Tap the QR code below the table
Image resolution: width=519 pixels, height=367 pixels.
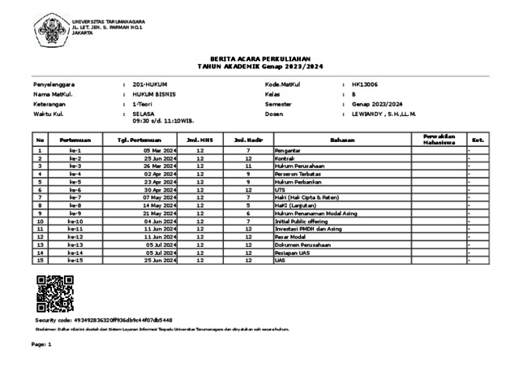[55, 294]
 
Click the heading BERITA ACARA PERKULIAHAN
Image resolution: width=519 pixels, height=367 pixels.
[259, 58]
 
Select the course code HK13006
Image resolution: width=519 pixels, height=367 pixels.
[364, 84]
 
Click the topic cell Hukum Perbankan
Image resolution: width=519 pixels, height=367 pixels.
[298, 182]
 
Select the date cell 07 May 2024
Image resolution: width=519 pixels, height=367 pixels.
[159, 197]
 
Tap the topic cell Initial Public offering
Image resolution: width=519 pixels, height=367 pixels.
[301, 221]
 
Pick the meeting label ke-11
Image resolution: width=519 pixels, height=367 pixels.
[75, 229]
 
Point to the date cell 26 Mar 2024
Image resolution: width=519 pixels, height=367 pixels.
[159, 166]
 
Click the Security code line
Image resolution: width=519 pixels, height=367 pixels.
[103, 321]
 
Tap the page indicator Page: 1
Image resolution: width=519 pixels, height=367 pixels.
[41, 345]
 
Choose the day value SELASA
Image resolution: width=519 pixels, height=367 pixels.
[143, 114]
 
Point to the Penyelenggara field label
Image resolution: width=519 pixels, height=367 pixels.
[54, 84]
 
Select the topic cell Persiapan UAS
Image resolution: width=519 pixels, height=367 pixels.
[294, 253]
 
